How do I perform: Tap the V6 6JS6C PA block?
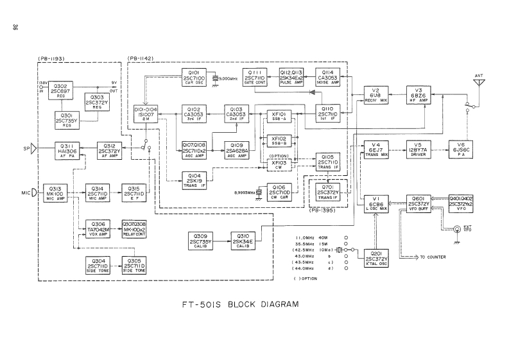click(x=456, y=148)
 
